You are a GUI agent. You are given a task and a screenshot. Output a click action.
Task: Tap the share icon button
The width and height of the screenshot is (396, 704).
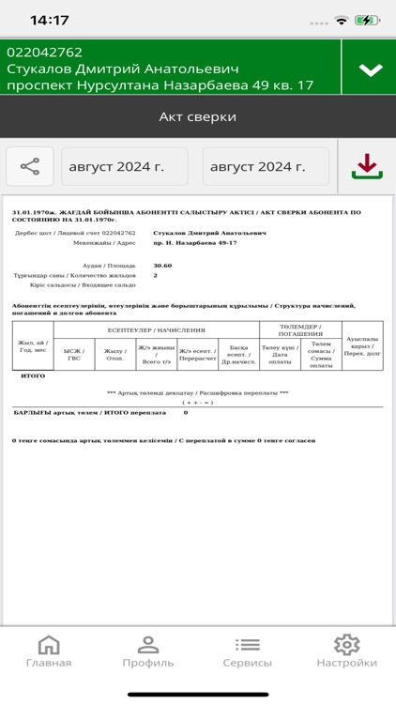coord(30,167)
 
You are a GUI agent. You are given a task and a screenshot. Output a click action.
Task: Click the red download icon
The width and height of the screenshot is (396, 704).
coord(366,166)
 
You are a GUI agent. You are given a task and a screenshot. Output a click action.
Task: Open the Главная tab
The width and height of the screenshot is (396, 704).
coord(49,651)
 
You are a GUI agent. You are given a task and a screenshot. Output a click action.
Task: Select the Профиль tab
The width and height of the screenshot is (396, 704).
coord(147,651)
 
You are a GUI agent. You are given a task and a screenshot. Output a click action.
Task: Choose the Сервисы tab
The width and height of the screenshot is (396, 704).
coord(248,651)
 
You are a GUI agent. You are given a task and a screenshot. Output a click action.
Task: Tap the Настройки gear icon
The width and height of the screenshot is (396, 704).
coord(347,645)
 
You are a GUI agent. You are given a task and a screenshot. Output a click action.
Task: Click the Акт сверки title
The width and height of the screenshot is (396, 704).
coord(197,117)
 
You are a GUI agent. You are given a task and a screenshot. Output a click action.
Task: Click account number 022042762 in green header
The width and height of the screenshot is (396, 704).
coord(45,53)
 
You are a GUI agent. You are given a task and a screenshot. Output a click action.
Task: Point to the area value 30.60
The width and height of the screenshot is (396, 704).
coord(163,266)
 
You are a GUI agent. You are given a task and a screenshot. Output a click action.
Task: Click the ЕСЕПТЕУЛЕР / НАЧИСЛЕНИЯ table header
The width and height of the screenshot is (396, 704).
coord(156,330)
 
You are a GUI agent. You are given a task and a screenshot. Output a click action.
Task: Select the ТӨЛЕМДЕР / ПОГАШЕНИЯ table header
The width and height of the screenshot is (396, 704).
coord(299,330)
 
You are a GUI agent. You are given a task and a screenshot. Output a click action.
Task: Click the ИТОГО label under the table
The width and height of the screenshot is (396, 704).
coord(33,375)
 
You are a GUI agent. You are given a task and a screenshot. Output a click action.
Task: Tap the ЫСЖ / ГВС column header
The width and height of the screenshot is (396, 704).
coord(74,354)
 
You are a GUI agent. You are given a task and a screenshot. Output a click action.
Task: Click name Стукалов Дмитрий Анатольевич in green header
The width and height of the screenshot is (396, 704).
coord(123,69)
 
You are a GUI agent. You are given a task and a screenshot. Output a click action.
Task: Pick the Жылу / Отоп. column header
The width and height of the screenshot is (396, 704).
coord(115,354)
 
